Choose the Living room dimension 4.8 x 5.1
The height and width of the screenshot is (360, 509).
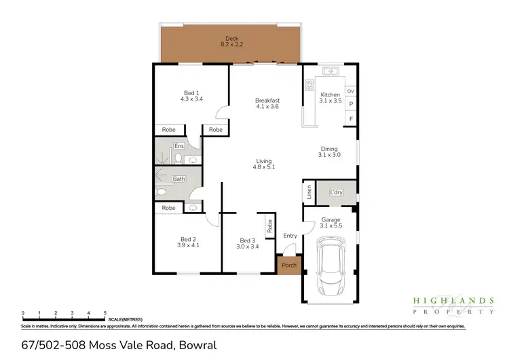click(263, 166)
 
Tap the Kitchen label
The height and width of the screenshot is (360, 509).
click(330, 94)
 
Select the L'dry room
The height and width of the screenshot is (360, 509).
click(336, 193)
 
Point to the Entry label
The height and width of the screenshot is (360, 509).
click(290, 236)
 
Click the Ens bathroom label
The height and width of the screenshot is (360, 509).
click(179, 146)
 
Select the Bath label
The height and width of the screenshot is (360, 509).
click(179, 179)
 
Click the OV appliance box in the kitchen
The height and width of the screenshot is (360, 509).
click(350, 91)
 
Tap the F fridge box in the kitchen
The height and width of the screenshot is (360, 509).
click(350, 119)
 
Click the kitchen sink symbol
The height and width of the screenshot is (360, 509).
click(331, 71)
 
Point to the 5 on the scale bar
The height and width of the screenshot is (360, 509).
click(105, 313)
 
